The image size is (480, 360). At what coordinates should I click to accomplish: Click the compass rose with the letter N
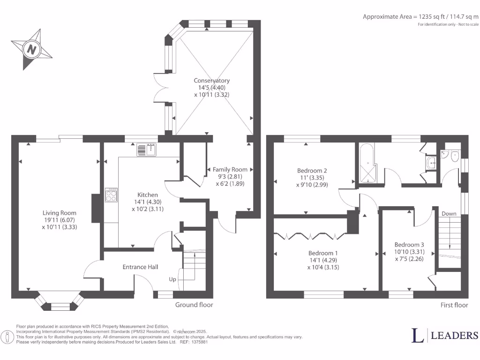tap(32, 49)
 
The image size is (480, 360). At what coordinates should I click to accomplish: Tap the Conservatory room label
tap(212, 81)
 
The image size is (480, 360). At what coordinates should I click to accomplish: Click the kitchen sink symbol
tap(148, 150)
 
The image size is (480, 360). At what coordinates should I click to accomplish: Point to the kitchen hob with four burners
tap(112, 195)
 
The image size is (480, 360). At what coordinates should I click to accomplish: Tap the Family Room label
tap(230, 169)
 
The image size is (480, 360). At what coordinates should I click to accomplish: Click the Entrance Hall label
tap(140, 267)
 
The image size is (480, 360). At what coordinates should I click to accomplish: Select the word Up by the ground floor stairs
tap(172, 279)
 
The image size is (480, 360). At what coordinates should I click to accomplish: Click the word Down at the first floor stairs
tap(449, 214)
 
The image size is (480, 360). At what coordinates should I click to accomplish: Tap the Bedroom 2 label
tap(312, 170)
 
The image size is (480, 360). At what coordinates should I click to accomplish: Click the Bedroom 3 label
tap(409, 245)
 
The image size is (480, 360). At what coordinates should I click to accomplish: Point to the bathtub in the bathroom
tap(368, 163)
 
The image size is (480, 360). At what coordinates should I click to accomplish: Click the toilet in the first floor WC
tap(454, 156)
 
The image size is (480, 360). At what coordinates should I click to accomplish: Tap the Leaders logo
tap(444, 335)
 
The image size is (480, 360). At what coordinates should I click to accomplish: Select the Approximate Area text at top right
tap(420, 16)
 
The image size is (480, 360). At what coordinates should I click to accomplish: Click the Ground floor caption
tap(194, 305)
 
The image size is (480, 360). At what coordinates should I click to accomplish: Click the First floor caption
tap(454, 305)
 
